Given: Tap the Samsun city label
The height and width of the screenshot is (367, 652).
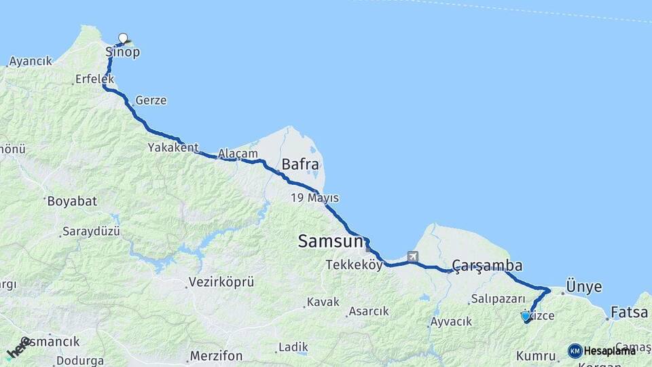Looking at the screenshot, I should point(331,241).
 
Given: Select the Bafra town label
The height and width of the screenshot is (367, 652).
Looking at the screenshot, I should point(300,164).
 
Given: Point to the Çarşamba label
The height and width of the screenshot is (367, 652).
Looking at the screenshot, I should point(487,266).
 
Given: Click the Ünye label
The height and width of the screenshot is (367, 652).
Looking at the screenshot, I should point(583,287).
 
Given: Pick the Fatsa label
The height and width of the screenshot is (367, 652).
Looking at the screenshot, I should point(629,313).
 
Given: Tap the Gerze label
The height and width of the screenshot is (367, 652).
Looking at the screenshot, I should point(151,100).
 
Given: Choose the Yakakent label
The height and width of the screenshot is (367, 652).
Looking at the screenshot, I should point(173,147).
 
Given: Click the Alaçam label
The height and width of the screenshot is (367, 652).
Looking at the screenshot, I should point(238,154).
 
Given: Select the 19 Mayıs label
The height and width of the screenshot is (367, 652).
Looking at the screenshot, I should point(314,198).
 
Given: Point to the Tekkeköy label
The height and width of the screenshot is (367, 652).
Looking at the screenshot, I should point(354,265).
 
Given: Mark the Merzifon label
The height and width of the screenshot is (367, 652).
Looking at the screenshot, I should point(216,355).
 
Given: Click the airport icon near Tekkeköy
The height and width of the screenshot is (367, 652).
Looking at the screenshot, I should point(412,257).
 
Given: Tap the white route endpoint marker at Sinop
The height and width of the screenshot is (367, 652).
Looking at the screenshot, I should point(123,38).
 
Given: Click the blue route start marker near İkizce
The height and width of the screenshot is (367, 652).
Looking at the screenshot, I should point(525,316).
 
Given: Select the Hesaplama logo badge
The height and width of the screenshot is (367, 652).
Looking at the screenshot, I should point(602,351).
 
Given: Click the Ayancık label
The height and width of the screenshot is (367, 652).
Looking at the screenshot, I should point(31,62).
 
